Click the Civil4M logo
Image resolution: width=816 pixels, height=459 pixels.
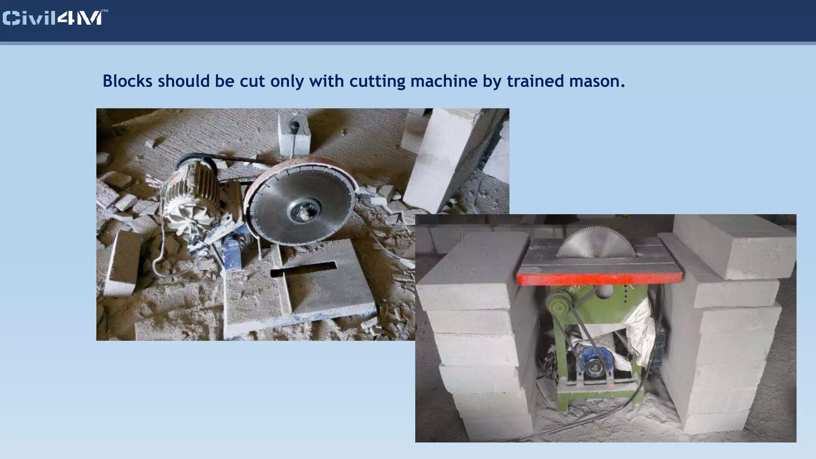pos(55,18)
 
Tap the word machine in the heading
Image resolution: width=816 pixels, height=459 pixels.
pos(444,81)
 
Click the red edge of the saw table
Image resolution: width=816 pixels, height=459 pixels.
pos(598,277)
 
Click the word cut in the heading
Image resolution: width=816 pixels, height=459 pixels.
pos(252,81)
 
